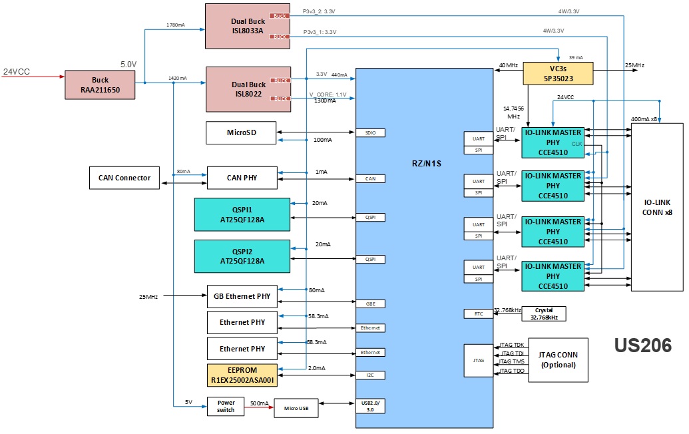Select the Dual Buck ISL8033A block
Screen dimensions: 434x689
pos(248,25)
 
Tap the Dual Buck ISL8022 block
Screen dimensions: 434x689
pos(248,89)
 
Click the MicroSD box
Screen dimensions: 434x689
pos(241,132)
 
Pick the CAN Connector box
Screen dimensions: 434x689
pos(124,178)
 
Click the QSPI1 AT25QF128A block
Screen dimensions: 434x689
pos(242,214)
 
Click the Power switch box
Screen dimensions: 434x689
pos(226,406)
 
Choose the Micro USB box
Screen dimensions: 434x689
pos(296,407)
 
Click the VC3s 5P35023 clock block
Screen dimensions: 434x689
pos(558,73)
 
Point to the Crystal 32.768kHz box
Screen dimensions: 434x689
pos(543,314)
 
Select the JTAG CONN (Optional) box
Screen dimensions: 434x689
pos(558,360)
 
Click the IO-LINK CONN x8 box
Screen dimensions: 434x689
pos(657,206)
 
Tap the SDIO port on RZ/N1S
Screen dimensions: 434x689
pos(370,132)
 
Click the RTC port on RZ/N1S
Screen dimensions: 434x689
pos(478,314)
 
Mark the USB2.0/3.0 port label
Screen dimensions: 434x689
pos(370,406)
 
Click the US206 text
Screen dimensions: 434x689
pos(642,345)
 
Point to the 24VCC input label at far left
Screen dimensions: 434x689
pos(17,71)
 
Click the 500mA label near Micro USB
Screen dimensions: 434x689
pos(260,403)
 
